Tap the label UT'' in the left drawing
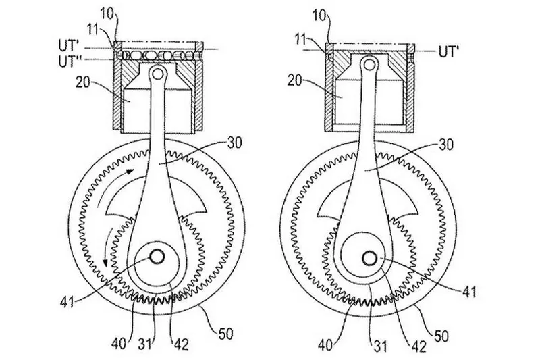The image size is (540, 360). pyautogui.click(x=72, y=61)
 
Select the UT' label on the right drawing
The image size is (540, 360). pyautogui.click(x=449, y=52)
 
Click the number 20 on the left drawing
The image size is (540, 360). pyautogui.click(x=83, y=82)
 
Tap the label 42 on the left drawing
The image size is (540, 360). pyautogui.click(x=180, y=344)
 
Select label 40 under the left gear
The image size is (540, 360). pyautogui.click(x=119, y=344)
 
